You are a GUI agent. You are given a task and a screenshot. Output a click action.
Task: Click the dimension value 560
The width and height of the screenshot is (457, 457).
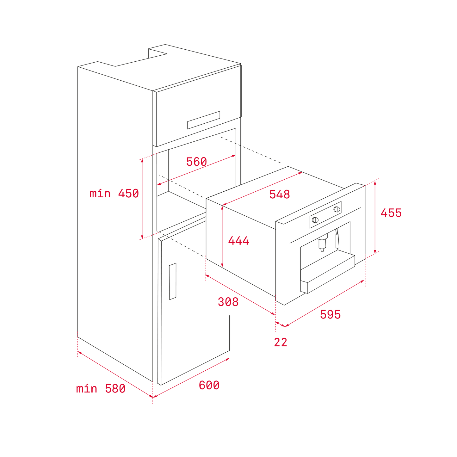(196, 162)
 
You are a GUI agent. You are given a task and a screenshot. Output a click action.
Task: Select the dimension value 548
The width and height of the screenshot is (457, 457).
(279, 194)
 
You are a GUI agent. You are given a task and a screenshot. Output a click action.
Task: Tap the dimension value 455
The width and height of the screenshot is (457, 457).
(391, 213)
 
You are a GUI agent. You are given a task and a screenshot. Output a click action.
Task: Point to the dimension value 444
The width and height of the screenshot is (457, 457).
(238, 240)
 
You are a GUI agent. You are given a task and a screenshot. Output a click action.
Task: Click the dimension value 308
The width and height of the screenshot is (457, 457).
(228, 302)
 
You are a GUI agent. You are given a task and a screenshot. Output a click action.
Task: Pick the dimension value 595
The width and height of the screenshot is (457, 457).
(330, 314)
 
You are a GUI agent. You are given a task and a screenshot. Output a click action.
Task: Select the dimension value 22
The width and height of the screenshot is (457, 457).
(281, 342)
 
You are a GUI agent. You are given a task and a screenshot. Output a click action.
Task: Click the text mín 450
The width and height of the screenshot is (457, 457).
(114, 194)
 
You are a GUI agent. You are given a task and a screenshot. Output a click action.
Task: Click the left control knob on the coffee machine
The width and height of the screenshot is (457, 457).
(315, 220)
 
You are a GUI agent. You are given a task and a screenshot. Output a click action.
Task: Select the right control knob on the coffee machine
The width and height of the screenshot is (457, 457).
(337, 209)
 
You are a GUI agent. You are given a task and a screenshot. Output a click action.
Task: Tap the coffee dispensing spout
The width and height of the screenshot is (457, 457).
(322, 243)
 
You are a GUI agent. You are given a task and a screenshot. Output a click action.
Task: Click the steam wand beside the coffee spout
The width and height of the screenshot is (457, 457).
(337, 239)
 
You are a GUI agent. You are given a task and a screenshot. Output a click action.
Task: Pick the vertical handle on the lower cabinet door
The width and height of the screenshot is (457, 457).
(173, 281)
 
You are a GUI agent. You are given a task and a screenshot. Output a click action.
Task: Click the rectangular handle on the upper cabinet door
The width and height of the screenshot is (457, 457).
(203, 120)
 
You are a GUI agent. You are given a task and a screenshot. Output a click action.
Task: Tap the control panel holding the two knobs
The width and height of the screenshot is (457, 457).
(325, 215)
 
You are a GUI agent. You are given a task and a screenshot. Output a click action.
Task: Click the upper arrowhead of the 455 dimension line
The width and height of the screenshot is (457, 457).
(375, 182)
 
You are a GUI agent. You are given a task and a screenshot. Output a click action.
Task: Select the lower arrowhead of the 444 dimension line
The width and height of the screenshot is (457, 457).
(222, 265)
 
